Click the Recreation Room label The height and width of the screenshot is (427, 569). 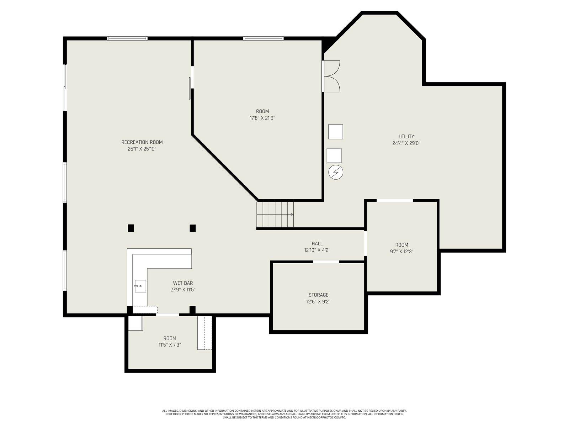click(x=142, y=142)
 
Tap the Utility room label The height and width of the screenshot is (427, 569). click(x=406, y=136)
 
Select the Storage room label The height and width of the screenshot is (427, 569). click(x=318, y=295)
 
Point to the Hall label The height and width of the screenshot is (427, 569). click(x=317, y=243)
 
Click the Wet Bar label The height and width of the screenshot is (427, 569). click(x=183, y=283)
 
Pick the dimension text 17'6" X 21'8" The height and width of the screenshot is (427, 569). click(x=262, y=118)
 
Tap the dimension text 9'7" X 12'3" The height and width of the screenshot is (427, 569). click(x=402, y=252)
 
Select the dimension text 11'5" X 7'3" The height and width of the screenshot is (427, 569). click(x=170, y=345)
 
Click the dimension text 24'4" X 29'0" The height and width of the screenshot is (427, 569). click(x=406, y=143)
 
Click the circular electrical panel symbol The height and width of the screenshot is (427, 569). click(x=336, y=173)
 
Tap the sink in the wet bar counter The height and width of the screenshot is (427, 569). click(x=140, y=286)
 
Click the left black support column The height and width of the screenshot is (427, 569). click(x=131, y=228)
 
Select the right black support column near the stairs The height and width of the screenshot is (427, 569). click(x=193, y=228)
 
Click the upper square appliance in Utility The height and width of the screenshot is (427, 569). click(x=336, y=132)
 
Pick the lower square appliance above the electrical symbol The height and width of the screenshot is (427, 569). click(x=334, y=155)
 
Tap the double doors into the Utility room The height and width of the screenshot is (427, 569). click(x=331, y=76)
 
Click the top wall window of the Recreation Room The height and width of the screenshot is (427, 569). click(x=127, y=38)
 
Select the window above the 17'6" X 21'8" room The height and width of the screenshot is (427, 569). click(x=264, y=38)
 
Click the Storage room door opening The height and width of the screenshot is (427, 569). click(x=326, y=262)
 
